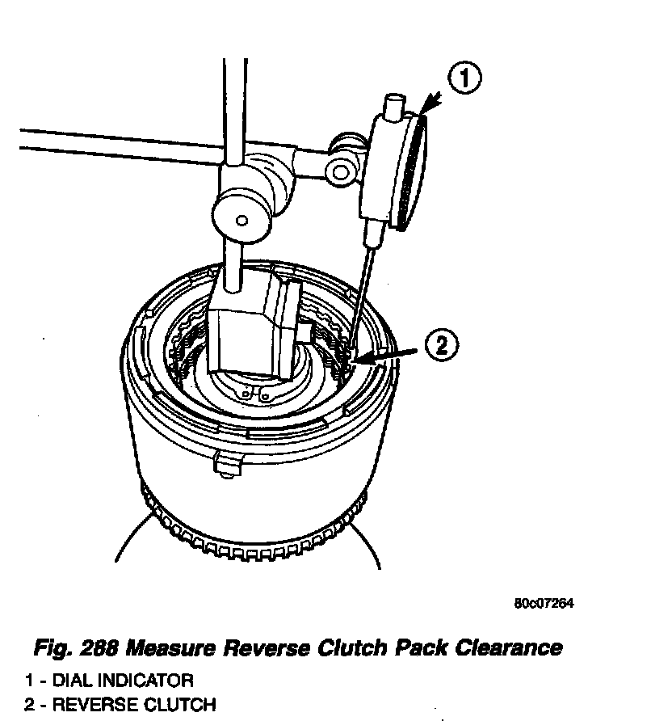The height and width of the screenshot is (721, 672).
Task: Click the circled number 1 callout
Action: point(464,81)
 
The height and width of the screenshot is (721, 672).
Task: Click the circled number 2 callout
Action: point(442,346)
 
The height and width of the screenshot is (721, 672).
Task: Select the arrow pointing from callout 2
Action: point(396,353)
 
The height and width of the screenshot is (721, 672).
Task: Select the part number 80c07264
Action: point(544,604)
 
